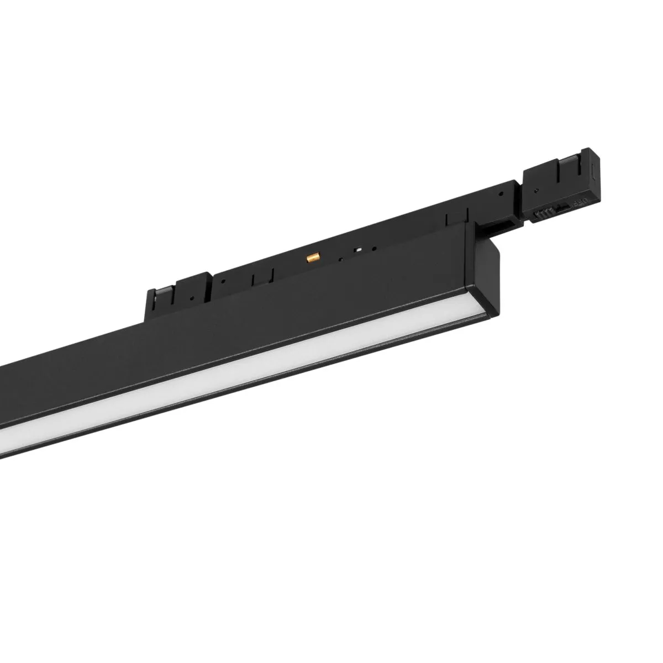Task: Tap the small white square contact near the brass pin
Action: (x=359, y=249)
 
